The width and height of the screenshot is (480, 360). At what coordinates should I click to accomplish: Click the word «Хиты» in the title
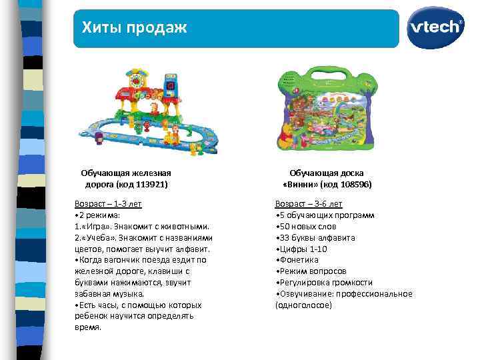[99, 27]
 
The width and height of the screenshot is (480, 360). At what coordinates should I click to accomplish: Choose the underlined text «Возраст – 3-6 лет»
[309, 203]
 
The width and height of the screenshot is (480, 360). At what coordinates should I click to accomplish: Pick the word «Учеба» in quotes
[97, 237]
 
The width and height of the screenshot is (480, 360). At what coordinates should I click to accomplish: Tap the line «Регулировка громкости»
[325, 283]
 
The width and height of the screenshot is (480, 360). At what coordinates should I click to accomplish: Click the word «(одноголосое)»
[303, 305]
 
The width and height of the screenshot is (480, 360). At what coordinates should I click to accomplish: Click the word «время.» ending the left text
[88, 327]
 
